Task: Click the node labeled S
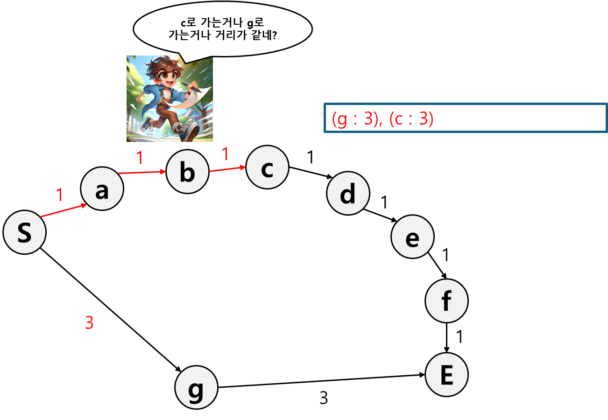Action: (x=24, y=232)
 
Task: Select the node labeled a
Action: (x=102, y=189)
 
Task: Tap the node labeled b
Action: (x=187, y=172)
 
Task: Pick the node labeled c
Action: (x=267, y=168)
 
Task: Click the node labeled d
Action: (x=348, y=194)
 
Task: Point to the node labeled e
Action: (x=412, y=237)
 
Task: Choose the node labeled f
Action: (x=446, y=301)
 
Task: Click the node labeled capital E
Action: (x=446, y=375)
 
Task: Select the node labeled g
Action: (x=196, y=387)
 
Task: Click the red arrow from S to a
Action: (x=63, y=210)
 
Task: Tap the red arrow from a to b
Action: (x=142, y=173)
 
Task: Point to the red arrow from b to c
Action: (x=227, y=168)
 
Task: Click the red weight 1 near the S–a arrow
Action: (x=59, y=195)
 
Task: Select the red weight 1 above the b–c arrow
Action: (x=225, y=154)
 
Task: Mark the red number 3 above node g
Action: (x=89, y=323)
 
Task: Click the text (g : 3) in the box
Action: (x=354, y=119)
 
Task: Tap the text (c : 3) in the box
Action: (x=411, y=119)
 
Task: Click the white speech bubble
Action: (x=222, y=29)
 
